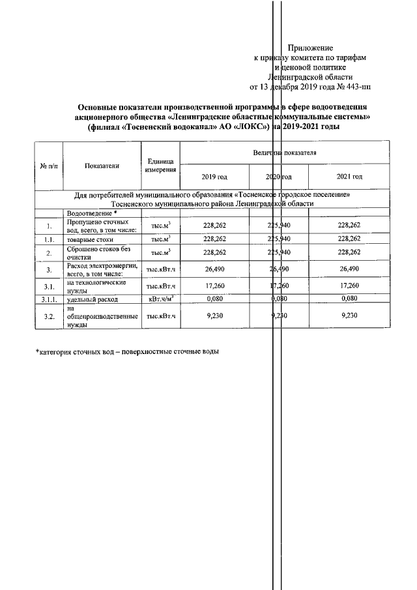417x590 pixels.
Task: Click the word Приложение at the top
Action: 310,48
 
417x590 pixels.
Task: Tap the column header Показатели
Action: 102,166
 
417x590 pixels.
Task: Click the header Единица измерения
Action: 160,166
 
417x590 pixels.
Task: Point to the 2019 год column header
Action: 214,177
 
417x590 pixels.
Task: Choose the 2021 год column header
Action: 349,177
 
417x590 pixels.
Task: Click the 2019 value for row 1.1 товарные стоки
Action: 214,239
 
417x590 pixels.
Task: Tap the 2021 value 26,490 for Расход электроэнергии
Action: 349,269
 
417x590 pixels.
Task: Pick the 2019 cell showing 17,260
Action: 214,286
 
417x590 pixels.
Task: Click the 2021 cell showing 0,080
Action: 349,299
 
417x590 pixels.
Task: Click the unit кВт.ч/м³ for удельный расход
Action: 160,299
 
